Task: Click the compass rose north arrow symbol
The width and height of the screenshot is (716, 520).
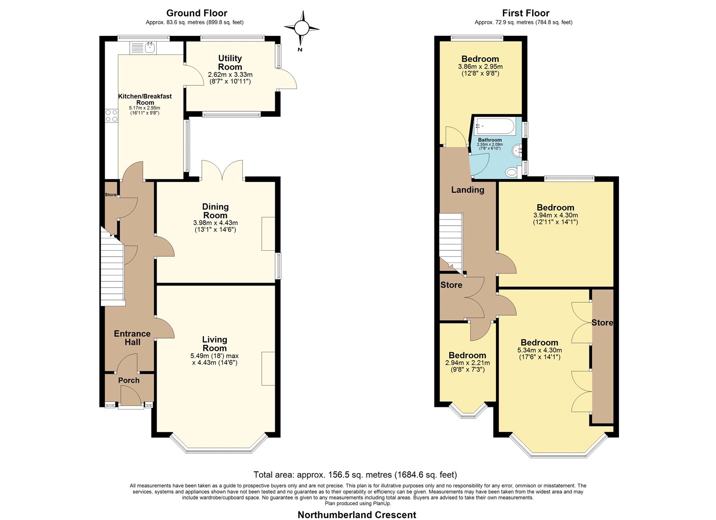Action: tap(302, 28)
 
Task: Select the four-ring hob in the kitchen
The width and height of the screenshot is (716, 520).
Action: tap(111, 116)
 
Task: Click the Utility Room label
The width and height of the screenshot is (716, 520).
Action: tap(230, 63)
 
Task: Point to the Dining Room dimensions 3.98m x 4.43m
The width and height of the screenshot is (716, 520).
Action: tap(215, 223)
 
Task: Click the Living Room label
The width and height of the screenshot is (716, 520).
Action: tap(215, 344)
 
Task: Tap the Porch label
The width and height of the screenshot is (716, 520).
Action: tap(129, 380)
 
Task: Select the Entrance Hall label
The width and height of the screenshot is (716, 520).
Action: tap(132, 338)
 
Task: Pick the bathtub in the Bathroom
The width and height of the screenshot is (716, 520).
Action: tap(494, 126)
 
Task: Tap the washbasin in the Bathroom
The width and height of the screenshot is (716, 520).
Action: tap(517, 150)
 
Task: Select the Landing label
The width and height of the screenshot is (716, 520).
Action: tap(468, 190)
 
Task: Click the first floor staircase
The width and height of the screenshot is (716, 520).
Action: tap(451, 243)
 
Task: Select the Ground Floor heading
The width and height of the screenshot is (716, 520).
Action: tap(196, 13)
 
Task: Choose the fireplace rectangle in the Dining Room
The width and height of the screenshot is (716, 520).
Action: tap(268, 234)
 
